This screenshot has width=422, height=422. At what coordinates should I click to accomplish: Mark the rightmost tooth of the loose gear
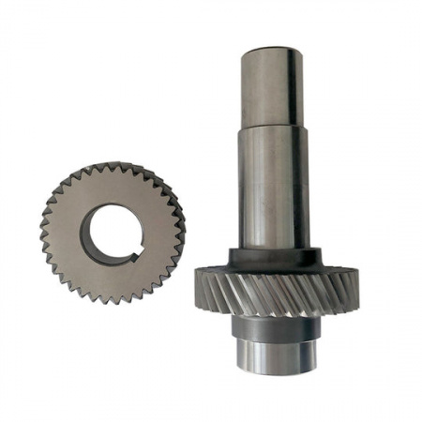pyautogui.click(x=181, y=229)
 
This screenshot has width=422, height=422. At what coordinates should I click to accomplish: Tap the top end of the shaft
pyautogui.click(x=271, y=49)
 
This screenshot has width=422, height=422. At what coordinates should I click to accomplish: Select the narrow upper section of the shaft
pyautogui.click(x=271, y=89)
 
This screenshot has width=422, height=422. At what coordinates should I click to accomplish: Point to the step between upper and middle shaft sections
pyautogui.click(x=271, y=128)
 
